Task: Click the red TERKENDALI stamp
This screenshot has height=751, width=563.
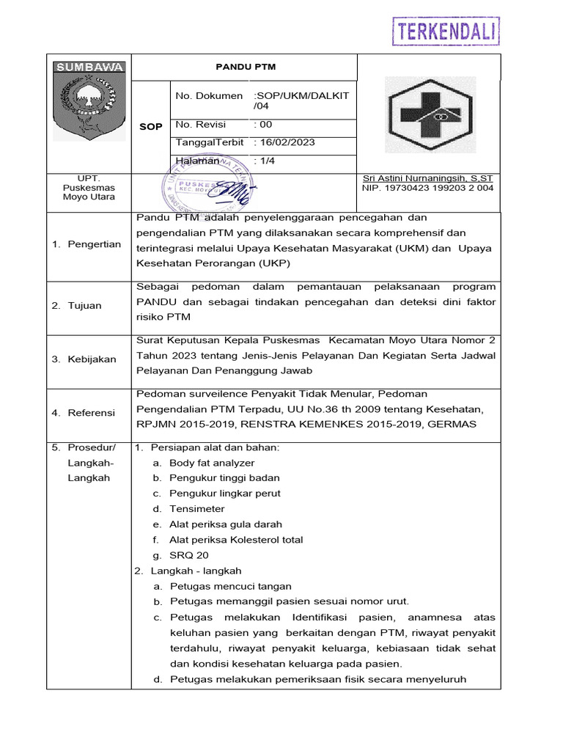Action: [446, 32]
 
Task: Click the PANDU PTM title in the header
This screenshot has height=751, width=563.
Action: [246, 67]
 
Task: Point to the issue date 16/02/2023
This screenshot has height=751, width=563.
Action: [285, 142]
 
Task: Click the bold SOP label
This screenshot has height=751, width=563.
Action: [151, 127]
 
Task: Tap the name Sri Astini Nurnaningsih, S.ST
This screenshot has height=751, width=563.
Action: [427, 178]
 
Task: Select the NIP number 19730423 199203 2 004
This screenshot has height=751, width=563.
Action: [427, 188]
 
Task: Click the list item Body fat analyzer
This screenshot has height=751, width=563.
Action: [212, 463]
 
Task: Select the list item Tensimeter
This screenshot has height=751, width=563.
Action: [196, 509]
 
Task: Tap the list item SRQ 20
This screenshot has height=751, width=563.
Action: [189, 555]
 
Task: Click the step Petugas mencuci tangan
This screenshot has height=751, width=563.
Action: [230, 586]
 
